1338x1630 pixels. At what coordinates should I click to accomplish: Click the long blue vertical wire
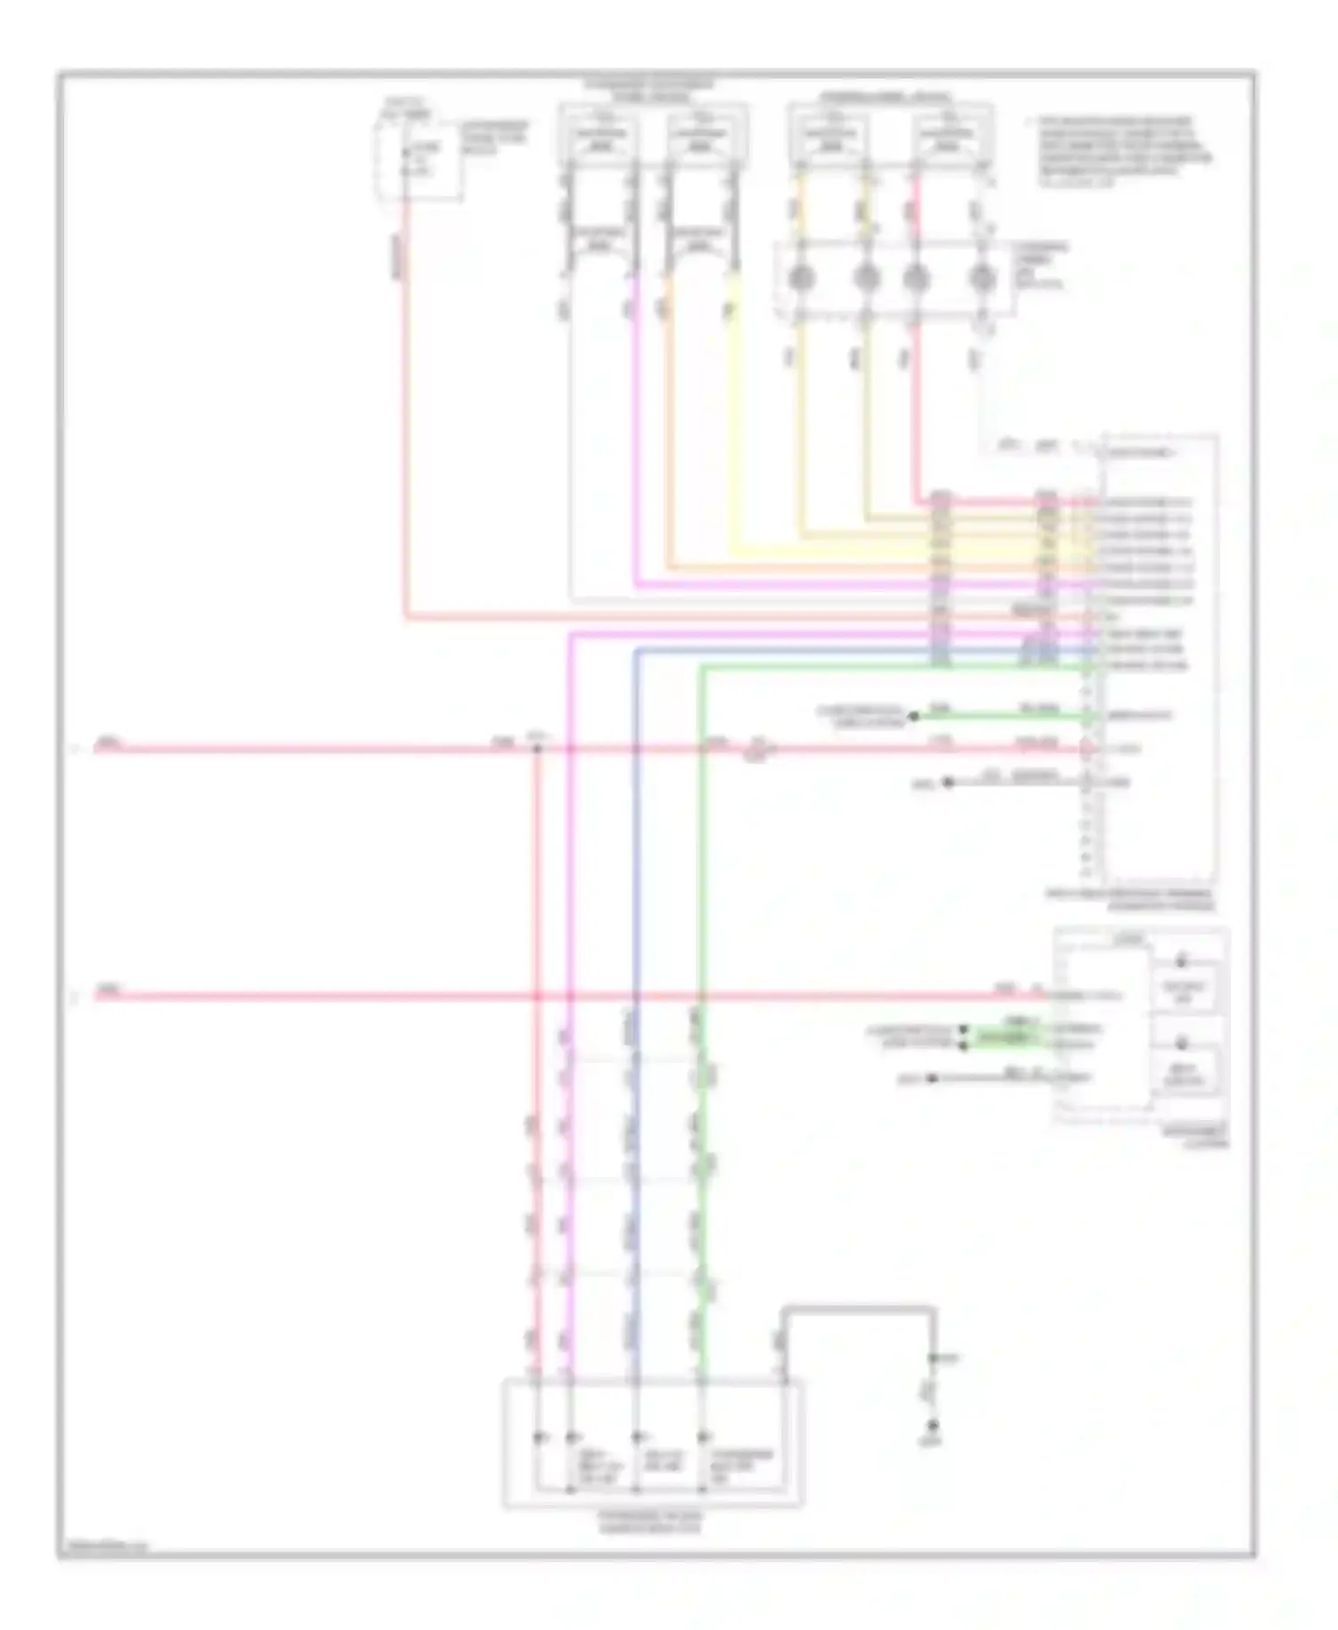[x=636, y=892]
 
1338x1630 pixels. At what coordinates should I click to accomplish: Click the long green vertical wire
[x=701, y=892]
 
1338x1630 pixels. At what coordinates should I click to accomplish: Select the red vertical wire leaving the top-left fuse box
[x=406, y=401]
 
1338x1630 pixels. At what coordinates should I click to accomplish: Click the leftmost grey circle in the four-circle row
[x=801, y=279]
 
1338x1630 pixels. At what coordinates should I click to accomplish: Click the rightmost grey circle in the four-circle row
[x=981, y=279]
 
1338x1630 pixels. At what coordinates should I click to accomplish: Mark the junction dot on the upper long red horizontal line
[x=537, y=748]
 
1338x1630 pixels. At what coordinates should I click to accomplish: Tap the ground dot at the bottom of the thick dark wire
[x=934, y=1425]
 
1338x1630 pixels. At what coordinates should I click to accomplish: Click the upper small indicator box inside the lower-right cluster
[x=1184, y=988]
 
